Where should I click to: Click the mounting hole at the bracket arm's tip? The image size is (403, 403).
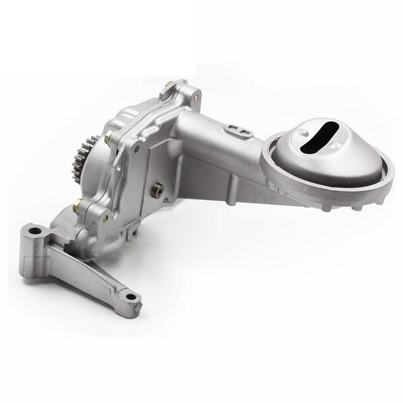pyautogui.click(x=130, y=297)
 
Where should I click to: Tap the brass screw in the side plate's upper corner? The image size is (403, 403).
pyautogui.click(x=137, y=149)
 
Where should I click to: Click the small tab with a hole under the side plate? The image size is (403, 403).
pyautogui.click(x=133, y=233)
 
